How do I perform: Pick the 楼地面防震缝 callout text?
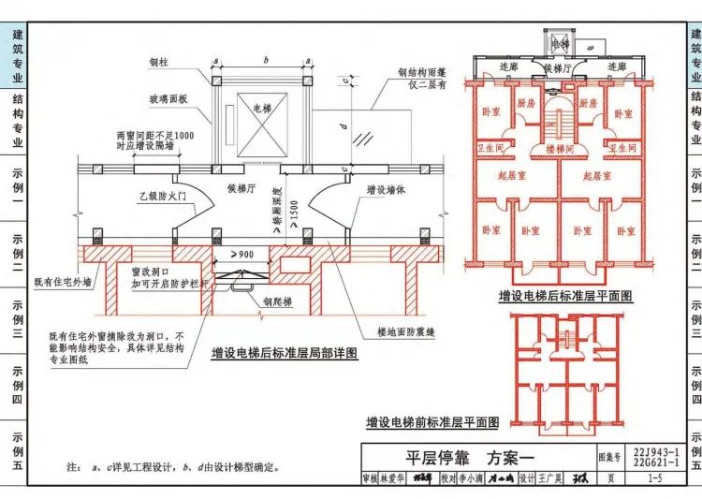[x=403, y=330]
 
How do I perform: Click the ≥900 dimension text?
[x=241, y=255]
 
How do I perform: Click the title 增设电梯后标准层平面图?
[x=565, y=296]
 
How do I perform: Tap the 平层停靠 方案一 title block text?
[x=470, y=459]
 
